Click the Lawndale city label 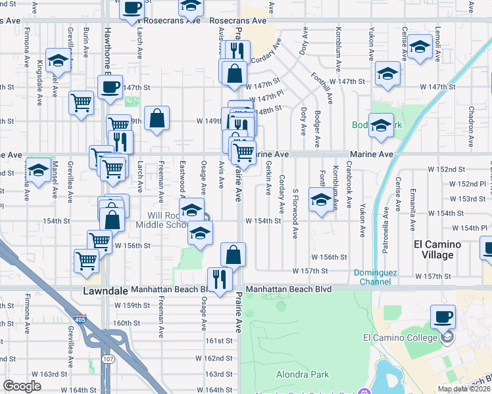(105, 290)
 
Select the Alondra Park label (302, 375)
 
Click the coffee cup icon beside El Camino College (443, 317)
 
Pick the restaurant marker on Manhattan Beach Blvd (220, 278)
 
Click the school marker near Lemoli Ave (420, 47)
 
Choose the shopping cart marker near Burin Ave (81, 102)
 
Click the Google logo (22, 386)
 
